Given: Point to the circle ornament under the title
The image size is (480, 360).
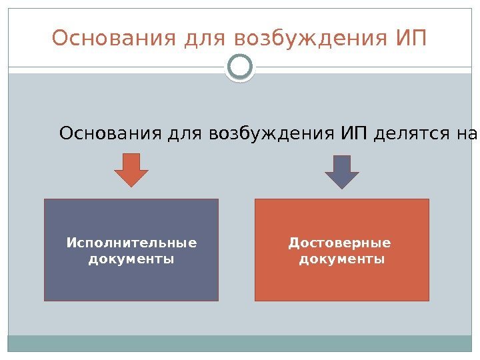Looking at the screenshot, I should [240, 67].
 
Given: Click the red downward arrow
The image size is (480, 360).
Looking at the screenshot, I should [131, 171].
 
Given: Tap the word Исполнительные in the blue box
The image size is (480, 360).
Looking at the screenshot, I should [131, 243].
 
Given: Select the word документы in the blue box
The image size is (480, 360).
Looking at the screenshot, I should [131, 258].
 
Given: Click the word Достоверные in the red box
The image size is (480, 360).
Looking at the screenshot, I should [339, 243].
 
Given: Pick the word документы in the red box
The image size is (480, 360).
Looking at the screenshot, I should [341, 258].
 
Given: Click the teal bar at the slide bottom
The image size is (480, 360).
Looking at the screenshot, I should [240, 343].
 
